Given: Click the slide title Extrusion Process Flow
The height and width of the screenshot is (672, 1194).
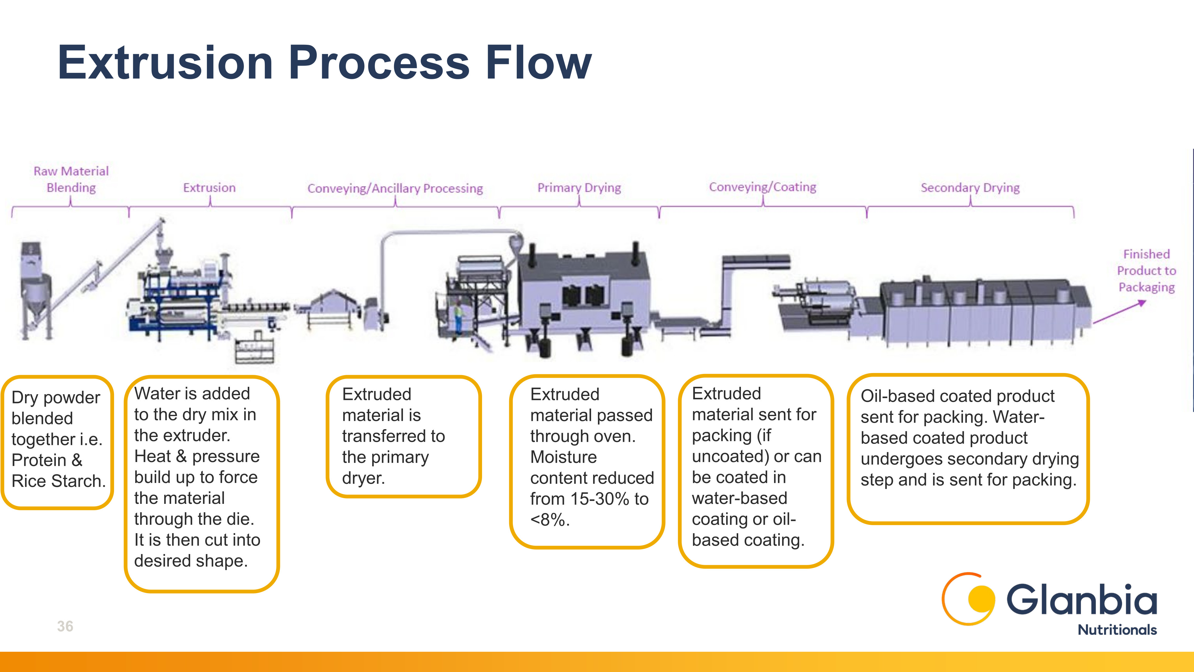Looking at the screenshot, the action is pos(324,63).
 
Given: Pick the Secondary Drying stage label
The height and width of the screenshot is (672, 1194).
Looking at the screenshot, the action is pos(970,188).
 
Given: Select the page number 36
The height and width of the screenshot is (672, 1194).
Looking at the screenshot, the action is pos(65,626).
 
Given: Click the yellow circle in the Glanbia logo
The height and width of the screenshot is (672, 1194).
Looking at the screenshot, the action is pos(981,599).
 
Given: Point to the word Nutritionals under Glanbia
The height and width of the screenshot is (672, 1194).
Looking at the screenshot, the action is pos(1117,630).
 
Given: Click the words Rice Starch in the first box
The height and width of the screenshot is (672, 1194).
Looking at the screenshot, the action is pos(59,481).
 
